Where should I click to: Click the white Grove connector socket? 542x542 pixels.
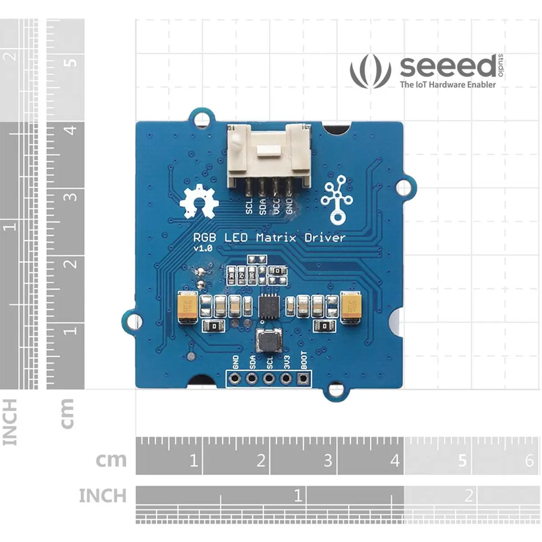[x=269, y=156]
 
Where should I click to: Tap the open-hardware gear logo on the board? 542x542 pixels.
[x=199, y=201]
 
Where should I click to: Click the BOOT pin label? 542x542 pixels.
[x=304, y=360]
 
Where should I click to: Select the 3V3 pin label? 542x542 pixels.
[x=286, y=361]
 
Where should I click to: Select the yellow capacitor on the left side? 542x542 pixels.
[x=187, y=307]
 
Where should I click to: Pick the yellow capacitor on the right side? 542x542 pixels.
[x=352, y=307]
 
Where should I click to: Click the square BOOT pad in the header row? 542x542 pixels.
[x=302, y=378]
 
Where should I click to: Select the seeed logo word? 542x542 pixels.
[x=447, y=67]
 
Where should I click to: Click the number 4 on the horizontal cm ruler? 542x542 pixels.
[x=395, y=461]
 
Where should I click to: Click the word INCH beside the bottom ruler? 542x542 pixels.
[x=103, y=496]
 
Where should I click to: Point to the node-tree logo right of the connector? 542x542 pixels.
[x=336, y=202]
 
